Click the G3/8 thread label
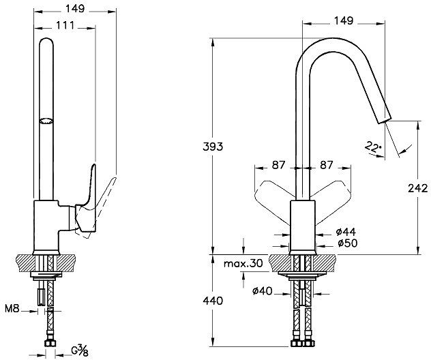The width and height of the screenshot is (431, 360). click(81, 352)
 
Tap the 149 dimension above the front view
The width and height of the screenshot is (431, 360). click(343, 20)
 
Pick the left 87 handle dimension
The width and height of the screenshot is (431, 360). click(278, 166)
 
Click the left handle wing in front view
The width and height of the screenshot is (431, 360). click(271, 194)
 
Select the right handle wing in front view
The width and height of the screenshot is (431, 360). click(334, 194)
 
